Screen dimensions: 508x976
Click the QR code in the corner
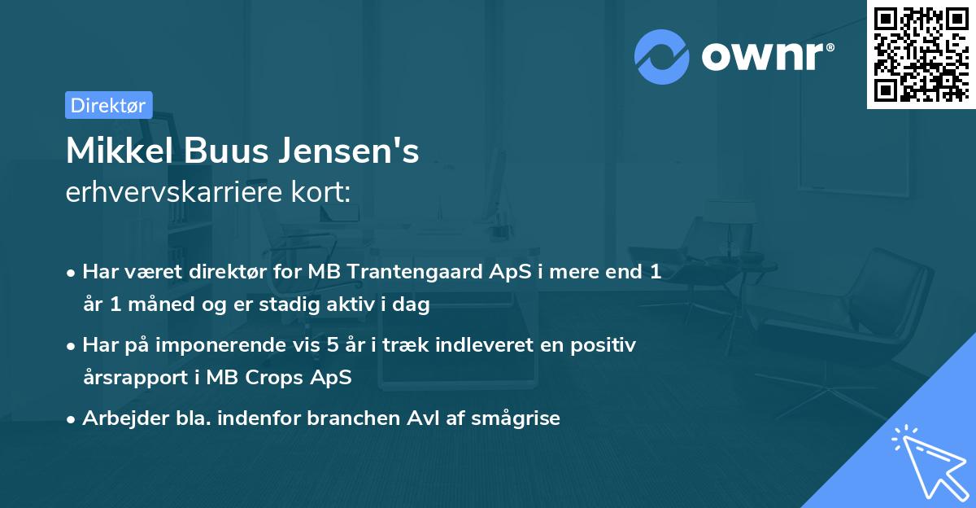pos(920,55)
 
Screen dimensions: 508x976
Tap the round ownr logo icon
pos(661,56)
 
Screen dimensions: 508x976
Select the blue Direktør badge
pos(108,105)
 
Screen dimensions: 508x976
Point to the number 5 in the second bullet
pos(331,345)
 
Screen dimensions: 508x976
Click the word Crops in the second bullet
pos(277,379)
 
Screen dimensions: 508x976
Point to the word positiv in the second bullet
pos(607,345)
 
